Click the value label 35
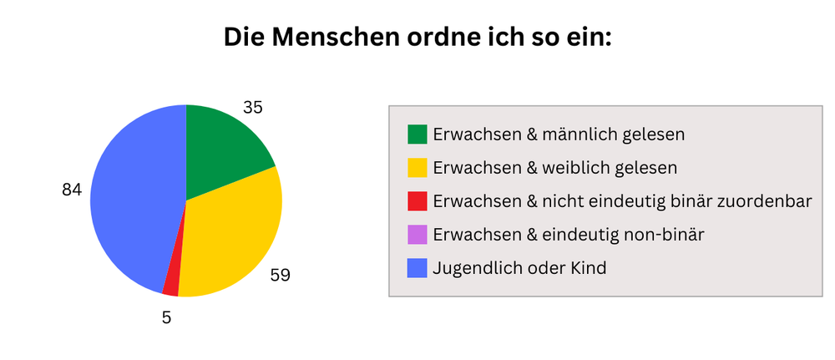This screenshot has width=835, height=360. [x=253, y=107]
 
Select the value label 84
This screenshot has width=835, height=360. [x=72, y=190]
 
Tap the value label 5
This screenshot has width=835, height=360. [x=167, y=317]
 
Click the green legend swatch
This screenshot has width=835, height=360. [x=417, y=134]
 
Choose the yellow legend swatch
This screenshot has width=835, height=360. [x=417, y=167]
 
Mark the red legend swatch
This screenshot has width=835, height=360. [x=417, y=201]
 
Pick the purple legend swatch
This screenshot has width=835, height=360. [x=417, y=235]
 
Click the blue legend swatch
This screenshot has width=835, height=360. [x=417, y=268]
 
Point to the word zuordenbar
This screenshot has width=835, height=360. [x=767, y=201]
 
